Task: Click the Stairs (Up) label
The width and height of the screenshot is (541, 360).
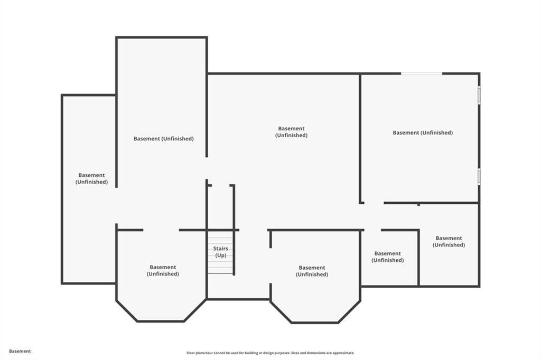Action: (x=220, y=252)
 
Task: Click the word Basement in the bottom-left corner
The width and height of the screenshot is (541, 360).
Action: (x=20, y=351)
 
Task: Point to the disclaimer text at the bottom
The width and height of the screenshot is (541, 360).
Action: (x=270, y=353)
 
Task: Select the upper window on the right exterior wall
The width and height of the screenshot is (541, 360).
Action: (x=479, y=96)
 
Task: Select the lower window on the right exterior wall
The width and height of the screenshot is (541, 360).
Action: (x=479, y=176)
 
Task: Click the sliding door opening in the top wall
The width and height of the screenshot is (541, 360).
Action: (x=421, y=73)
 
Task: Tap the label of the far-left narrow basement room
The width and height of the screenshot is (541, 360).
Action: (x=91, y=178)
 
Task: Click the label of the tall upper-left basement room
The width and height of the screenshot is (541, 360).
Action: (x=163, y=139)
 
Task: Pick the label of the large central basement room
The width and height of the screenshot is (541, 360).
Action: (x=291, y=132)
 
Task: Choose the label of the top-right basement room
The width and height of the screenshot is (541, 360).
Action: (x=423, y=133)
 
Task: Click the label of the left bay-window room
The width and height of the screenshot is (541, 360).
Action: (x=163, y=270)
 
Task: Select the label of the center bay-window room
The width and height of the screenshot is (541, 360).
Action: (x=312, y=271)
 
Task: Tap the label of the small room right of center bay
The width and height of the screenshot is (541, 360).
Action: (x=387, y=257)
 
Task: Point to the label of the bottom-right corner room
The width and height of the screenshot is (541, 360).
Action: (x=449, y=242)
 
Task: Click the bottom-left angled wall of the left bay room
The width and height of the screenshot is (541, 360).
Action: (x=127, y=311)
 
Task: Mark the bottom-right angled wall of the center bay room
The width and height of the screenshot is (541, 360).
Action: (x=349, y=312)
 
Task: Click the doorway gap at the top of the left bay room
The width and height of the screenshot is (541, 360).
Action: (x=161, y=230)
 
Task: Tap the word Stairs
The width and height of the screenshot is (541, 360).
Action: (x=220, y=248)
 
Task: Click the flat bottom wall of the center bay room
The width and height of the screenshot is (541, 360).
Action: (x=315, y=323)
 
